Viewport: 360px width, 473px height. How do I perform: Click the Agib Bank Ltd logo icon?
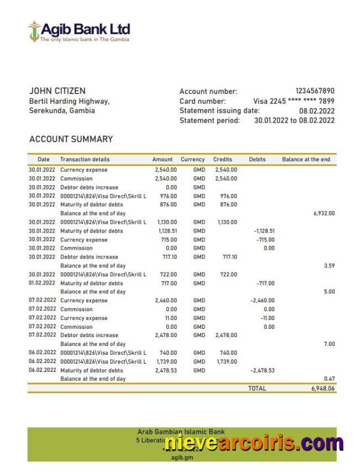[x=34, y=31]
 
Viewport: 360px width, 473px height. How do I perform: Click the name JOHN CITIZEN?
[x=57, y=91]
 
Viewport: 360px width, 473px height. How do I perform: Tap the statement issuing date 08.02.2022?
[x=317, y=111]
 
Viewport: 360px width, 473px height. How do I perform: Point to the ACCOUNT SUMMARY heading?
[x=71, y=139]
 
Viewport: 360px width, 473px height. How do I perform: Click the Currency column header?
[x=192, y=159]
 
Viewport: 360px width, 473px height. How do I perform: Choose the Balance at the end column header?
[x=306, y=159]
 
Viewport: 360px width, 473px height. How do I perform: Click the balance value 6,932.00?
[x=324, y=213]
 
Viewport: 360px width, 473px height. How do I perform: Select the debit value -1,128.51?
[x=264, y=231]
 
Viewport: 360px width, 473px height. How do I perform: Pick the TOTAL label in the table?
[x=257, y=388]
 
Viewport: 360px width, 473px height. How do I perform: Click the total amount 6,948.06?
[x=323, y=388]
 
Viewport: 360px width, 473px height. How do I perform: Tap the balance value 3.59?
[x=329, y=266]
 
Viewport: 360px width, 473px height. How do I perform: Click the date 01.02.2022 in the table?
[x=42, y=283]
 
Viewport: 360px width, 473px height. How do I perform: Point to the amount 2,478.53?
[x=166, y=370]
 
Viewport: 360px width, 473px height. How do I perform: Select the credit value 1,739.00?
[x=225, y=361]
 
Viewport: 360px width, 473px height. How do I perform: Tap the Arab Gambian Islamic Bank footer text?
[x=181, y=432]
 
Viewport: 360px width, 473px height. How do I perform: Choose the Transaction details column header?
[x=85, y=159]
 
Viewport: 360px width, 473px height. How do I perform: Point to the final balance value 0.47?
[x=329, y=379]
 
